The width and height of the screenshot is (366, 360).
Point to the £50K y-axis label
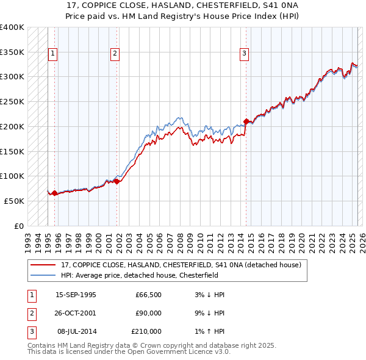pyautogui.click(x=15, y=201)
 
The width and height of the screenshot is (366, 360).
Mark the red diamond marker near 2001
pyautogui.click(x=117, y=181)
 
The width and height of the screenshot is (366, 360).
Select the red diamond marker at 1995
pyautogui.click(x=55, y=193)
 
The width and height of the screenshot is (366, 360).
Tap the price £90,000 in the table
pyautogui.click(x=148, y=313)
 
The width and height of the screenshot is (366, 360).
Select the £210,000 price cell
pyautogui.click(x=146, y=331)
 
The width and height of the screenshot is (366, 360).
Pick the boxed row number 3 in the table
pyautogui.click(x=30, y=331)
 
